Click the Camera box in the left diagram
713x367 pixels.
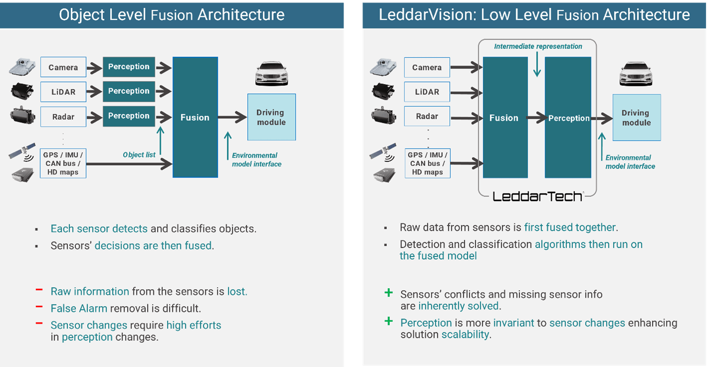click(63, 67)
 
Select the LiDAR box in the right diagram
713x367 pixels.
click(427, 92)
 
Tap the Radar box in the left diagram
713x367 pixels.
click(63, 117)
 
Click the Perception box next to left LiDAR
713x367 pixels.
click(129, 91)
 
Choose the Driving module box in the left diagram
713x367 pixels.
click(271, 117)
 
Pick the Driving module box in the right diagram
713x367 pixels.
click(636, 118)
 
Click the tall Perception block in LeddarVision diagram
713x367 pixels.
click(568, 118)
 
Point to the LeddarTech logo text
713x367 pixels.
click(537, 196)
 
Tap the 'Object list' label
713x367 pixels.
click(139, 155)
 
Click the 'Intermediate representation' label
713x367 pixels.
click(538, 46)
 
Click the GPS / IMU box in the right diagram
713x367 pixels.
click(427, 163)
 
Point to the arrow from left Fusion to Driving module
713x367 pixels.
click(232, 118)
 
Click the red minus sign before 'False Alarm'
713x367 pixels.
click(38, 308)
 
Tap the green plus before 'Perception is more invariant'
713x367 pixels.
click(388, 322)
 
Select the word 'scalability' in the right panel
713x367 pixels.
click(465, 334)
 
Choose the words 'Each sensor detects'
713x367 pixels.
click(99, 229)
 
